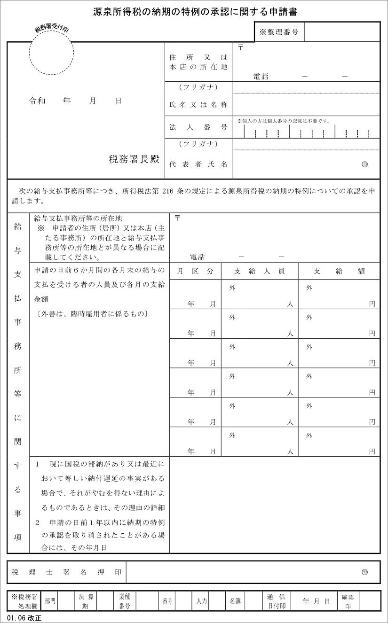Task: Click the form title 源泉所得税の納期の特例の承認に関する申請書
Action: [x=195, y=12]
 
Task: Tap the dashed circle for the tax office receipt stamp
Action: [x=51, y=53]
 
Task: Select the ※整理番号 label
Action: [x=279, y=32]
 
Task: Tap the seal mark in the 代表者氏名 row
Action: [x=364, y=164]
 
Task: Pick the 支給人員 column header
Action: [x=260, y=272]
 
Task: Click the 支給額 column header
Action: [x=339, y=272]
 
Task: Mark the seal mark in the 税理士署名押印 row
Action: [x=364, y=572]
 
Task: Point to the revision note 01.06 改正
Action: [x=24, y=617]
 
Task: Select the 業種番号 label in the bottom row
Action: [x=124, y=601]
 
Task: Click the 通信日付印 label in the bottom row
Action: [x=277, y=601]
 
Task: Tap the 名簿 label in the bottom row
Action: [x=235, y=601]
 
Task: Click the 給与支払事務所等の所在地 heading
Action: [x=78, y=218]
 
